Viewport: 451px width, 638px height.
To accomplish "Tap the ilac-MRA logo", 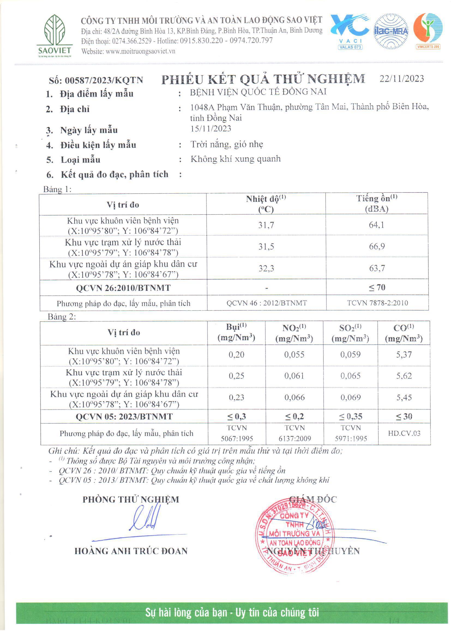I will click(391, 31).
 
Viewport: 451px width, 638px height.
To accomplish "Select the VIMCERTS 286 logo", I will click(428, 31).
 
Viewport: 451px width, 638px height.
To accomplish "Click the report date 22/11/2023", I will click(402, 79).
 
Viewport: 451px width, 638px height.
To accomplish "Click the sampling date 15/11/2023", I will click(211, 128).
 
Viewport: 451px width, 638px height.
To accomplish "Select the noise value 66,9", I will click(377, 246).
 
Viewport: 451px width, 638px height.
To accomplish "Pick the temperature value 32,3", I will click(266, 268).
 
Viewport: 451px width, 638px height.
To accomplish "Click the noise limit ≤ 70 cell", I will click(377, 287).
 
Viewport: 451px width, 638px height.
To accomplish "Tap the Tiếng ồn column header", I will click(377, 203).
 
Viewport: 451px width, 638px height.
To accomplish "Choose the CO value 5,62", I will click(404, 376).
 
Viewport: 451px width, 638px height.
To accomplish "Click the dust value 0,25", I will click(236, 376).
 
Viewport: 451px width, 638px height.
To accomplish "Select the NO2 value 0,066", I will click(294, 397).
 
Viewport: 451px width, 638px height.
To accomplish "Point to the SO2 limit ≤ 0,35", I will click(350, 416).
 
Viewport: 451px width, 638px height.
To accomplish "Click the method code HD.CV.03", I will click(404, 434).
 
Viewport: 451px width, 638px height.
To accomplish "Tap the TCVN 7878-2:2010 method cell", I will click(377, 303).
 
